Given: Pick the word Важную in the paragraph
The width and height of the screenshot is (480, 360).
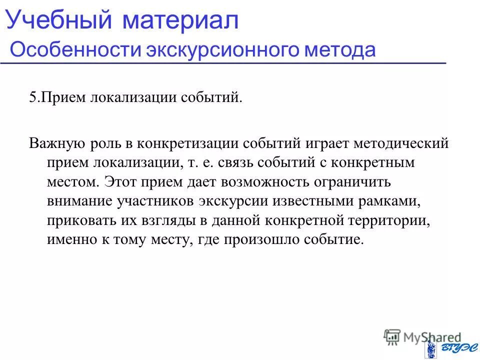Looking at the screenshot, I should pos(54,144).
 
